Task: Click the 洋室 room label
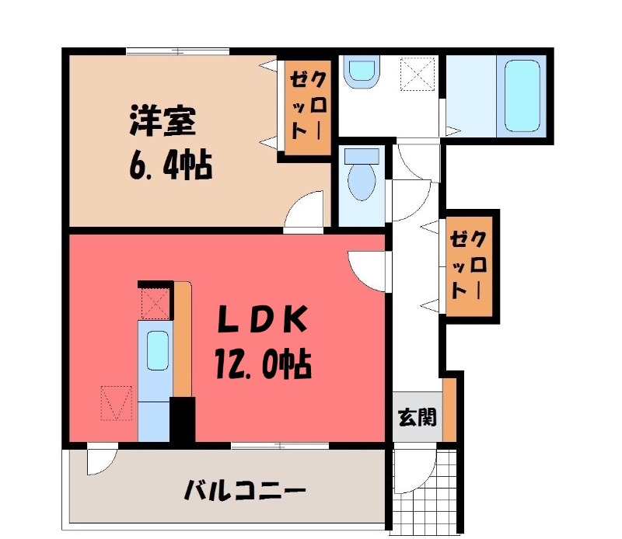pos(162,120)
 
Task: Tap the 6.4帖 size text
pos(170,165)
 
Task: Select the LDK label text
pos(262,318)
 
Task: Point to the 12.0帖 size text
pos(264,363)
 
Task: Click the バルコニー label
pos(245,491)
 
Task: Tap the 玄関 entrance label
pos(418,417)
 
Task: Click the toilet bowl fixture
pos(362,176)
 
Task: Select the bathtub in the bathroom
pos(522,96)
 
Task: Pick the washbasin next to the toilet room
pos(362,71)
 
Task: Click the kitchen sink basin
pos(158,350)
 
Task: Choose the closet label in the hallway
pos(468,265)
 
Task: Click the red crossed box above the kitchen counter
pos(155,304)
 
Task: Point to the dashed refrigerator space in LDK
pos(116,402)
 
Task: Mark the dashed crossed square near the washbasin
pos(418,74)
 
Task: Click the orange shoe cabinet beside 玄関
pos(449,409)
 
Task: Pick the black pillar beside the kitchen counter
pos(183,419)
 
